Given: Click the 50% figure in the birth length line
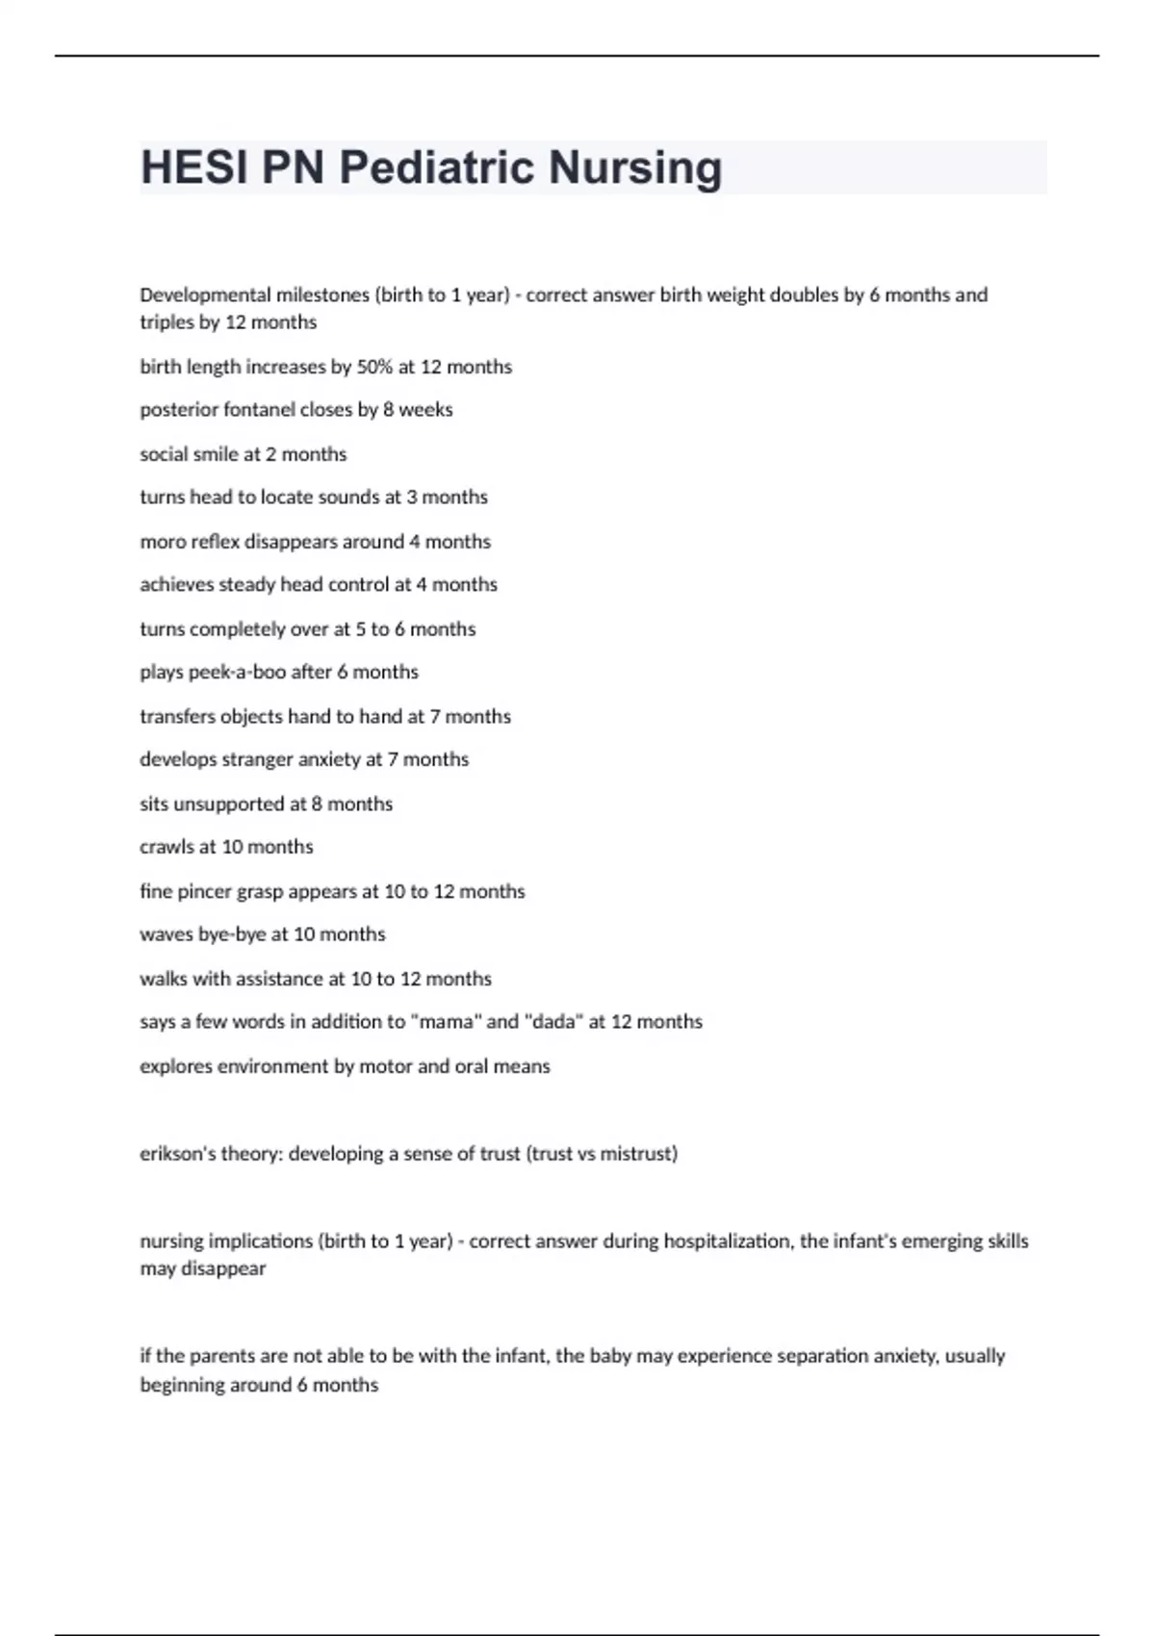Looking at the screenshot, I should (374, 367).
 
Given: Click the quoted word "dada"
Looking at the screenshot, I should (553, 1022).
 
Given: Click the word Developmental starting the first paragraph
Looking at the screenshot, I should (205, 294).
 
